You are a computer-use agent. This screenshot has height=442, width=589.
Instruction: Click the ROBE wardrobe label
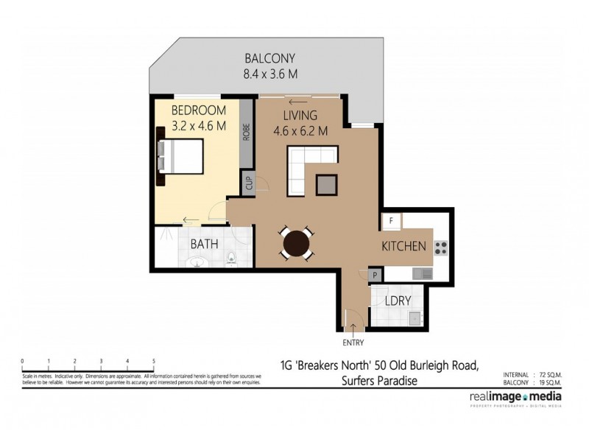pyautogui.click(x=248, y=132)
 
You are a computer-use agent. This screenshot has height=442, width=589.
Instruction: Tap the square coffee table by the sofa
pyautogui.click(x=327, y=185)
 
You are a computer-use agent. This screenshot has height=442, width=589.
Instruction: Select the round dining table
pyautogui.click(x=297, y=244)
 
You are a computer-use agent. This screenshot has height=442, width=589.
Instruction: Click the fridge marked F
pyautogui.click(x=391, y=221)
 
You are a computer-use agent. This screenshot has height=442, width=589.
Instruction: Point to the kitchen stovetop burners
pyautogui.click(x=442, y=248)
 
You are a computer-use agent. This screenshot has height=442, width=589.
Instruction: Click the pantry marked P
pyautogui.click(x=375, y=276)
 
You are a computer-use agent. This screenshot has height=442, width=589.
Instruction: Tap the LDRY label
pyautogui.click(x=398, y=302)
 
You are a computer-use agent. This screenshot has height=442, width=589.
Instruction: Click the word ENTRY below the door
pyautogui.click(x=352, y=343)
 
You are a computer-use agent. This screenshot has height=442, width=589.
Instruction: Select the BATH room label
pyautogui.click(x=202, y=244)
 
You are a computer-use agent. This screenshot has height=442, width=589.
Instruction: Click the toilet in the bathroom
pyautogui.click(x=231, y=258)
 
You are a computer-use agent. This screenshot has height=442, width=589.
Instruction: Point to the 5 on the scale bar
pyautogui.click(x=153, y=361)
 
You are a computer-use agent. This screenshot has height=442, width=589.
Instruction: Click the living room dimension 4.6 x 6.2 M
pyautogui.click(x=300, y=131)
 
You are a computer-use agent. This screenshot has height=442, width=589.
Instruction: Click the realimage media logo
pyautogui.click(x=515, y=398)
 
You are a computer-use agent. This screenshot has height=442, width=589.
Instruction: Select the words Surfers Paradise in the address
pyautogui.click(x=379, y=381)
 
